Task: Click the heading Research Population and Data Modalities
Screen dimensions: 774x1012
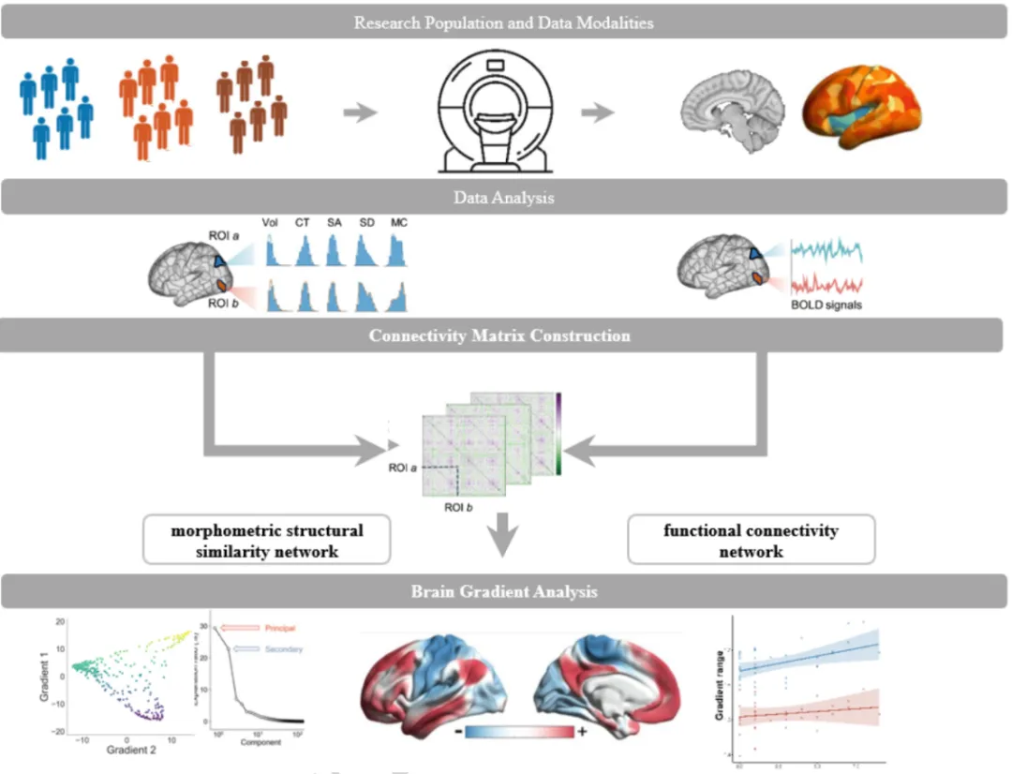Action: [503, 22]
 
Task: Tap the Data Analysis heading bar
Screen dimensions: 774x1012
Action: [503, 198]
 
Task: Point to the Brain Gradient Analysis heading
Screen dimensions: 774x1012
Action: [503, 591]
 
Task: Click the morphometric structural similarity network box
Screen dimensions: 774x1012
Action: [266, 541]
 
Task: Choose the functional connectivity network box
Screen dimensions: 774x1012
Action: [751, 541]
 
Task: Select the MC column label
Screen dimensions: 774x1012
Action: [398, 223]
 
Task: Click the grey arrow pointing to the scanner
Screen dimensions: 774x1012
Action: [360, 113]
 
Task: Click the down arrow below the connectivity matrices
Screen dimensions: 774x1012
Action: [504, 535]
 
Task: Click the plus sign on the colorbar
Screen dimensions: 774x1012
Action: [583, 732]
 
